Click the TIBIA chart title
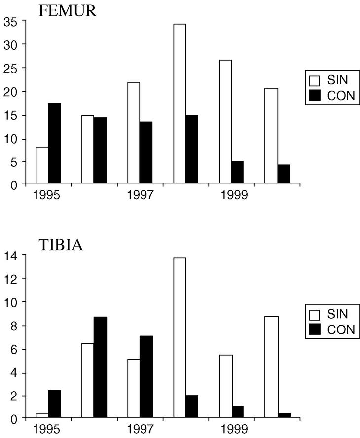pyautogui.click(x=61, y=245)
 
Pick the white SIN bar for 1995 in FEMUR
pyautogui.click(x=42, y=165)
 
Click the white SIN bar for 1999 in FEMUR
pyautogui.click(x=225, y=122)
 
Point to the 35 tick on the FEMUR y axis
pyautogui.click(x=11, y=22)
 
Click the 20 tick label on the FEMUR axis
pyautogui.click(x=11, y=92)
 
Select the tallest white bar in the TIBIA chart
pyautogui.click(x=179, y=338)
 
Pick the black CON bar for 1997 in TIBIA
pyautogui.click(x=145, y=377)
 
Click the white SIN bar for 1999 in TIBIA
pyautogui.click(x=225, y=386)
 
